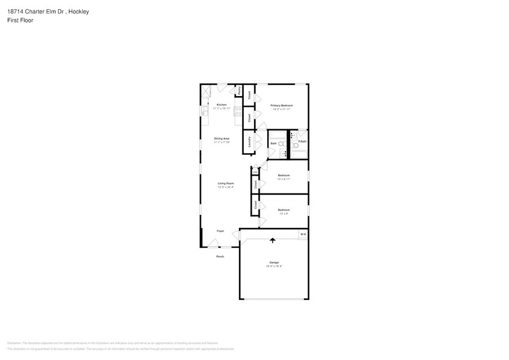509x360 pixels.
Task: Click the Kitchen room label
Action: coord(222,105)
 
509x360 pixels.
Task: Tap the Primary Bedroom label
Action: coord(282,106)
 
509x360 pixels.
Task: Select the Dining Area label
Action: coord(222,138)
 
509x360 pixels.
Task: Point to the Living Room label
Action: coord(225,183)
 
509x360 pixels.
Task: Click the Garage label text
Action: coord(273,263)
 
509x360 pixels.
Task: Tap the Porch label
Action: coord(220,257)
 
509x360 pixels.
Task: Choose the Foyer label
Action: coord(220,231)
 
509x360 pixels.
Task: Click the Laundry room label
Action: coord(249,142)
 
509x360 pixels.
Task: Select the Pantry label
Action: coord(239,91)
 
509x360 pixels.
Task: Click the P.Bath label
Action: coord(303,142)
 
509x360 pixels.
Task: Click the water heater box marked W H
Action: coord(303,234)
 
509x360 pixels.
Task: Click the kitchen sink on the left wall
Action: coord(203,111)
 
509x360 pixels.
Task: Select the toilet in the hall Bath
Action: coord(281,144)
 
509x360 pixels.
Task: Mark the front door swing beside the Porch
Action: coord(213,244)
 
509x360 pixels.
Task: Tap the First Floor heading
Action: coord(20,20)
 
